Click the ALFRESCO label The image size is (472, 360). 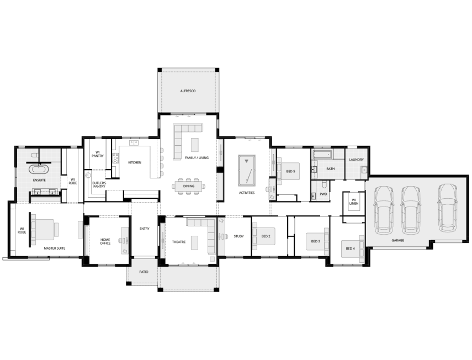tap(188, 91)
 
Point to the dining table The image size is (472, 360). tap(189, 186)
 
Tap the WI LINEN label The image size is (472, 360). tap(353, 203)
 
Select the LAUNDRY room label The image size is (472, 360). tap(356, 160)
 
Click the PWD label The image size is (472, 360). tap(323, 194)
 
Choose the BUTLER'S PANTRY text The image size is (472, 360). tap(99, 185)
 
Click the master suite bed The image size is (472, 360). tap(45, 230)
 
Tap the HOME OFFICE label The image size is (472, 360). tap(105, 241)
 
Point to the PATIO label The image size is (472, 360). tap(144, 272)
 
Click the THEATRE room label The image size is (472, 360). tap(178, 242)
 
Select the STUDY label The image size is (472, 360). tap(238, 236)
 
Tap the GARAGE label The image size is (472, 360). tap(397, 241)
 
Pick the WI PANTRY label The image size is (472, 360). tap(98, 155)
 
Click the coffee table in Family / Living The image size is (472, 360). tap(195, 145)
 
